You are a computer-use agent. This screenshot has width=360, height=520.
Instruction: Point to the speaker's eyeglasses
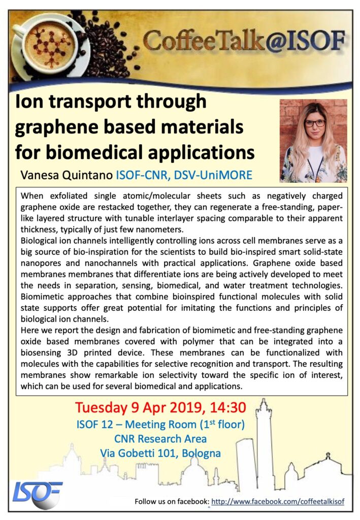coord(314,123)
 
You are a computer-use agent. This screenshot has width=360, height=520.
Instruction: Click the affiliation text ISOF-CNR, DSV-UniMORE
coord(184,175)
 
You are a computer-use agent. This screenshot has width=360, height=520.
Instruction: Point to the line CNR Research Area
coord(160,438)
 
